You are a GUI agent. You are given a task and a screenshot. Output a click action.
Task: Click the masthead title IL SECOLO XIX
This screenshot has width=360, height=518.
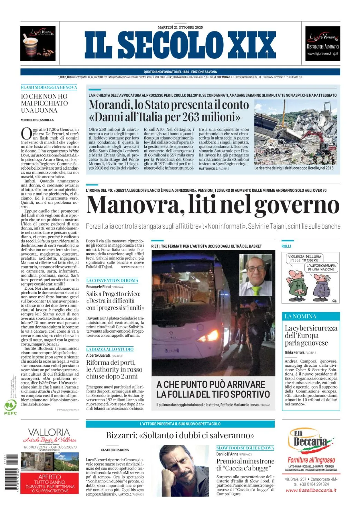[x=180, y=45]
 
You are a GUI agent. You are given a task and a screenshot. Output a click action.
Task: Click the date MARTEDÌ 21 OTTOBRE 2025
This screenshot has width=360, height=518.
[x=180, y=27]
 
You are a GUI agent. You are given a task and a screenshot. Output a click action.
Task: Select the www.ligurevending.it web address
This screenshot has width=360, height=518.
[x=323, y=54]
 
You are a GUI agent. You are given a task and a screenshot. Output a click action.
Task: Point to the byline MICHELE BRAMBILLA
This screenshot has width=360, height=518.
[x=37, y=120]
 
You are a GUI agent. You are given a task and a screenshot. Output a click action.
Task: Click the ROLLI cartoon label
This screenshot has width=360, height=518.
[x=286, y=246]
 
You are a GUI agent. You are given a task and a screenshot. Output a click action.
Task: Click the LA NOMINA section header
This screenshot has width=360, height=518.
[x=300, y=316]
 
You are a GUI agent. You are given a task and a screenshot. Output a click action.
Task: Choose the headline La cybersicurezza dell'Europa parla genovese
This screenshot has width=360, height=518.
[x=311, y=335]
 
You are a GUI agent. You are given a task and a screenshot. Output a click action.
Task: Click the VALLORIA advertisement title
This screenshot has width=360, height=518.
[x=49, y=432]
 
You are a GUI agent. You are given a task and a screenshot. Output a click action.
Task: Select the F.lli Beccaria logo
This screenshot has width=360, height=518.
[x=310, y=441]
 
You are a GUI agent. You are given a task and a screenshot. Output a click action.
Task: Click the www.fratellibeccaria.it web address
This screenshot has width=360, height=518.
[x=311, y=490]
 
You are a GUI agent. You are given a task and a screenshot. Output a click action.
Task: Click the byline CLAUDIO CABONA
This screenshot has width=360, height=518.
[x=115, y=450]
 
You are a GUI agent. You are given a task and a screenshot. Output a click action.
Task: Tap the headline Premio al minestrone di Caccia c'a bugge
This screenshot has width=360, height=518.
[x=245, y=464]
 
